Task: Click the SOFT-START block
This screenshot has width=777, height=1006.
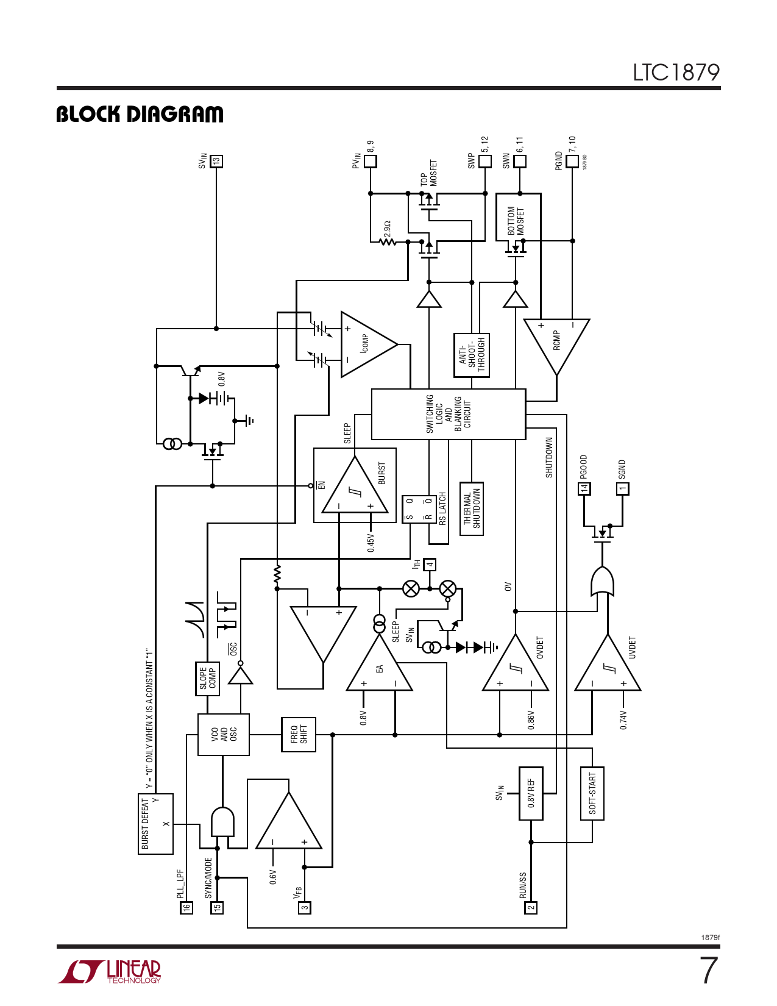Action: click(x=592, y=793)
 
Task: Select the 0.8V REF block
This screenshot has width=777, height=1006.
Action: click(x=531, y=793)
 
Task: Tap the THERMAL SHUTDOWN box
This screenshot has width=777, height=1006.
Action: click(x=472, y=508)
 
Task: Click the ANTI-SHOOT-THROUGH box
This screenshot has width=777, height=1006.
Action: click(x=472, y=355)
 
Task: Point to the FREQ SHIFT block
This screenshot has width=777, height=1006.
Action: click(x=299, y=735)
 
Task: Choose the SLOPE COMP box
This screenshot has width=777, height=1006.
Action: click(x=207, y=679)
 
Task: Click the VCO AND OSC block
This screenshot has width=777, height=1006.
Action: click(x=224, y=735)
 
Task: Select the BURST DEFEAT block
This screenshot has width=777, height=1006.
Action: click(x=156, y=824)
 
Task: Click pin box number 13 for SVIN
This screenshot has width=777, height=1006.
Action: click(x=216, y=162)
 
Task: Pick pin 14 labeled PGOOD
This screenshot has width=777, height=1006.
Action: click(x=584, y=488)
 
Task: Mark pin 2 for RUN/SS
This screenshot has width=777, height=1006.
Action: click(x=531, y=908)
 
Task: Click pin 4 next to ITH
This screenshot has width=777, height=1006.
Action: click(x=430, y=565)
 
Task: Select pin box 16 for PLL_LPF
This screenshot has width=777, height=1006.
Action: click(x=186, y=908)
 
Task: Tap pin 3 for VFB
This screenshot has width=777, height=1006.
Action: click(x=305, y=908)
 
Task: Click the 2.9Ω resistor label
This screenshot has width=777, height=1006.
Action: click(x=387, y=229)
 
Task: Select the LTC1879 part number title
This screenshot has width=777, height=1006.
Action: click(x=676, y=73)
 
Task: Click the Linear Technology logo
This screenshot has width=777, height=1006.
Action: click(x=110, y=971)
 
